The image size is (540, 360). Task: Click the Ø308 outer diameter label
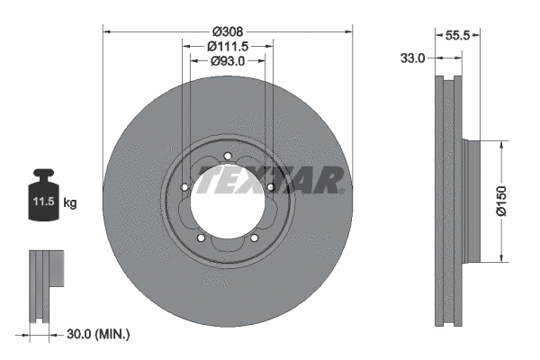pyautogui.click(x=228, y=30)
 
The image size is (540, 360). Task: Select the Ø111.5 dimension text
pyautogui.click(x=228, y=46)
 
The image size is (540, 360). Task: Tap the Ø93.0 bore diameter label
pyautogui.click(x=228, y=61)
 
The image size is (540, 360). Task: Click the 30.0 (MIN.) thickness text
pyautogui.click(x=99, y=334)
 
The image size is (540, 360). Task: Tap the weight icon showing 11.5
pyautogui.click(x=42, y=193)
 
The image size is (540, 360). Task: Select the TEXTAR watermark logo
pyautogui.click(x=269, y=181)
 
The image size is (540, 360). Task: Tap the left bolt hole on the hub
pyautogui.click(x=184, y=187)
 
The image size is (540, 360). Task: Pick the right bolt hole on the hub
pyautogui.click(x=270, y=186)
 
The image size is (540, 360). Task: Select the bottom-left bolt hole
pyautogui.click(x=201, y=238)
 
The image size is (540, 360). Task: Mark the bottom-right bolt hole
pyautogui.click(x=254, y=238)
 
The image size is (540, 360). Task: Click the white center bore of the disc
pyautogui.click(x=227, y=206)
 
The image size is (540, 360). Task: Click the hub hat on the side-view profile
pyautogui.click(x=472, y=201)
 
